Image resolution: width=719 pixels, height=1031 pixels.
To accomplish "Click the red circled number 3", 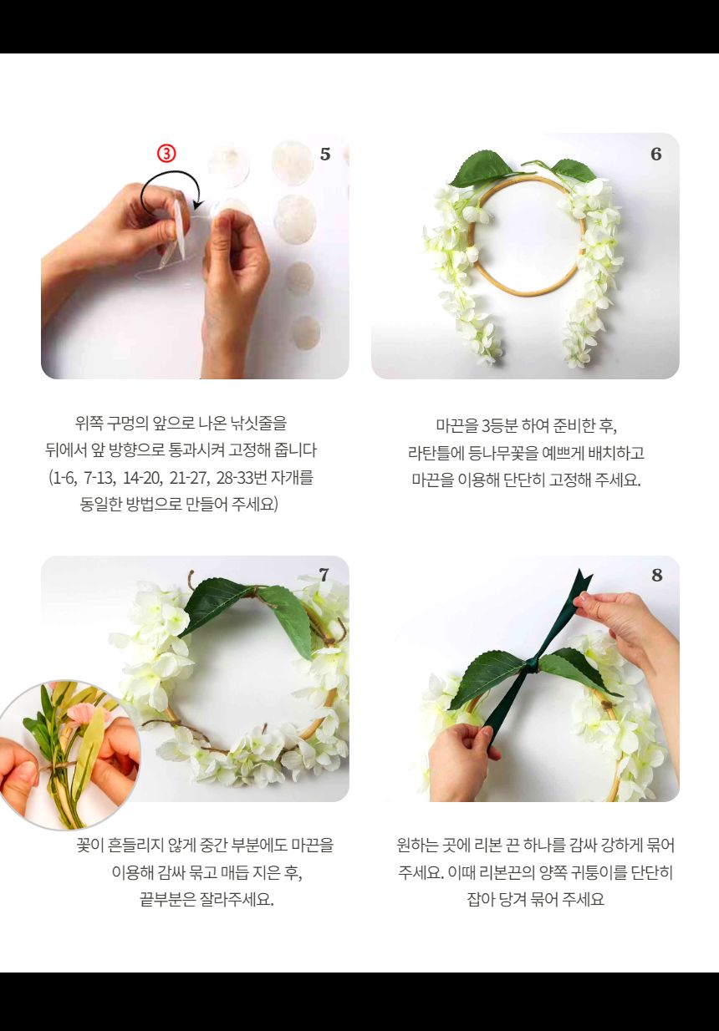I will click(167, 154).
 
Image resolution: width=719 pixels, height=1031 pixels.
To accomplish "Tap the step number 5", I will click(325, 155).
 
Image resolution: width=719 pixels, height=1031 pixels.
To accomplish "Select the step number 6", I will click(655, 155).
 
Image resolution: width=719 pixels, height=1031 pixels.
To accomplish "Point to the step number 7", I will click(324, 575).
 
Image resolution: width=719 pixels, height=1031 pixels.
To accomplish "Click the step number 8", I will click(656, 575).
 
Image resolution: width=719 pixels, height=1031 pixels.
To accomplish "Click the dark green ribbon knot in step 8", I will click(533, 666).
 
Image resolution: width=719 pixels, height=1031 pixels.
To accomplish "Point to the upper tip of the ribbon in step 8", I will click(583, 577).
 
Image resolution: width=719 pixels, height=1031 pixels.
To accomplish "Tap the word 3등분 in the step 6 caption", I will click(500, 424).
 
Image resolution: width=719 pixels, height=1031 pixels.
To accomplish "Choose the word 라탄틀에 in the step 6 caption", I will click(435, 453).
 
